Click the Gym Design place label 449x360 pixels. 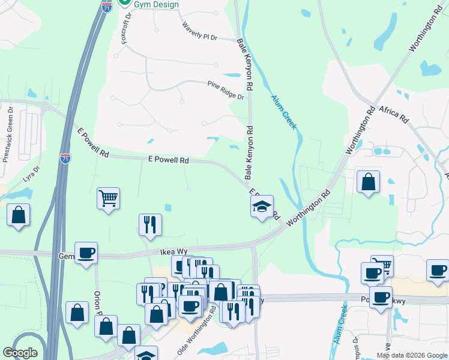coord(157,5)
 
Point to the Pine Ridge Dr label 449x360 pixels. coord(226,90)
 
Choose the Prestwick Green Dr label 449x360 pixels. coord(8,135)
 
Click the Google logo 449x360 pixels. coord(19,353)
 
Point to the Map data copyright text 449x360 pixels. coord(412,355)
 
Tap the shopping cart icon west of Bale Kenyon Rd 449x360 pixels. coord(108,198)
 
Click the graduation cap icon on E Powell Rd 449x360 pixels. coord(262,206)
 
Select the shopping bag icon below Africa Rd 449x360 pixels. coord(368,182)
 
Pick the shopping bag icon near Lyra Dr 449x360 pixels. coord(18,214)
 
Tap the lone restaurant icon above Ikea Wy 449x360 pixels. coord(150,224)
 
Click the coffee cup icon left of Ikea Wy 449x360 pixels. coord(86,253)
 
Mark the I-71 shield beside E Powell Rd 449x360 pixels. coord(65,158)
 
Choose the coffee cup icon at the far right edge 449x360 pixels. coord(438,270)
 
